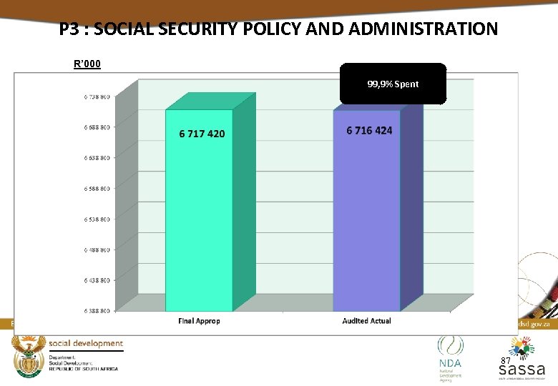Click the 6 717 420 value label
coord(201,134)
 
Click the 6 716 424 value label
coord(369,130)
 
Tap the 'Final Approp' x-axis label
coord(199,321)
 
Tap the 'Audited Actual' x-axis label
coord(366,321)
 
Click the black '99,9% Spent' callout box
coord(393,84)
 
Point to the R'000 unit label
coord(87,64)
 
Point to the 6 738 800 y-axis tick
coord(97,96)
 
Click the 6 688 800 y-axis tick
coord(97,127)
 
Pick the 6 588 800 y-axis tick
coord(97,189)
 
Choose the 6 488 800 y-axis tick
coord(97,249)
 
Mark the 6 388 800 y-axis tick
coord(97,311)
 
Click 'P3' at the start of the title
coord(69,29)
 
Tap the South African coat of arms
coord(29,355)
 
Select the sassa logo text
coord(522,370)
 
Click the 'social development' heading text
coord(86,344)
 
